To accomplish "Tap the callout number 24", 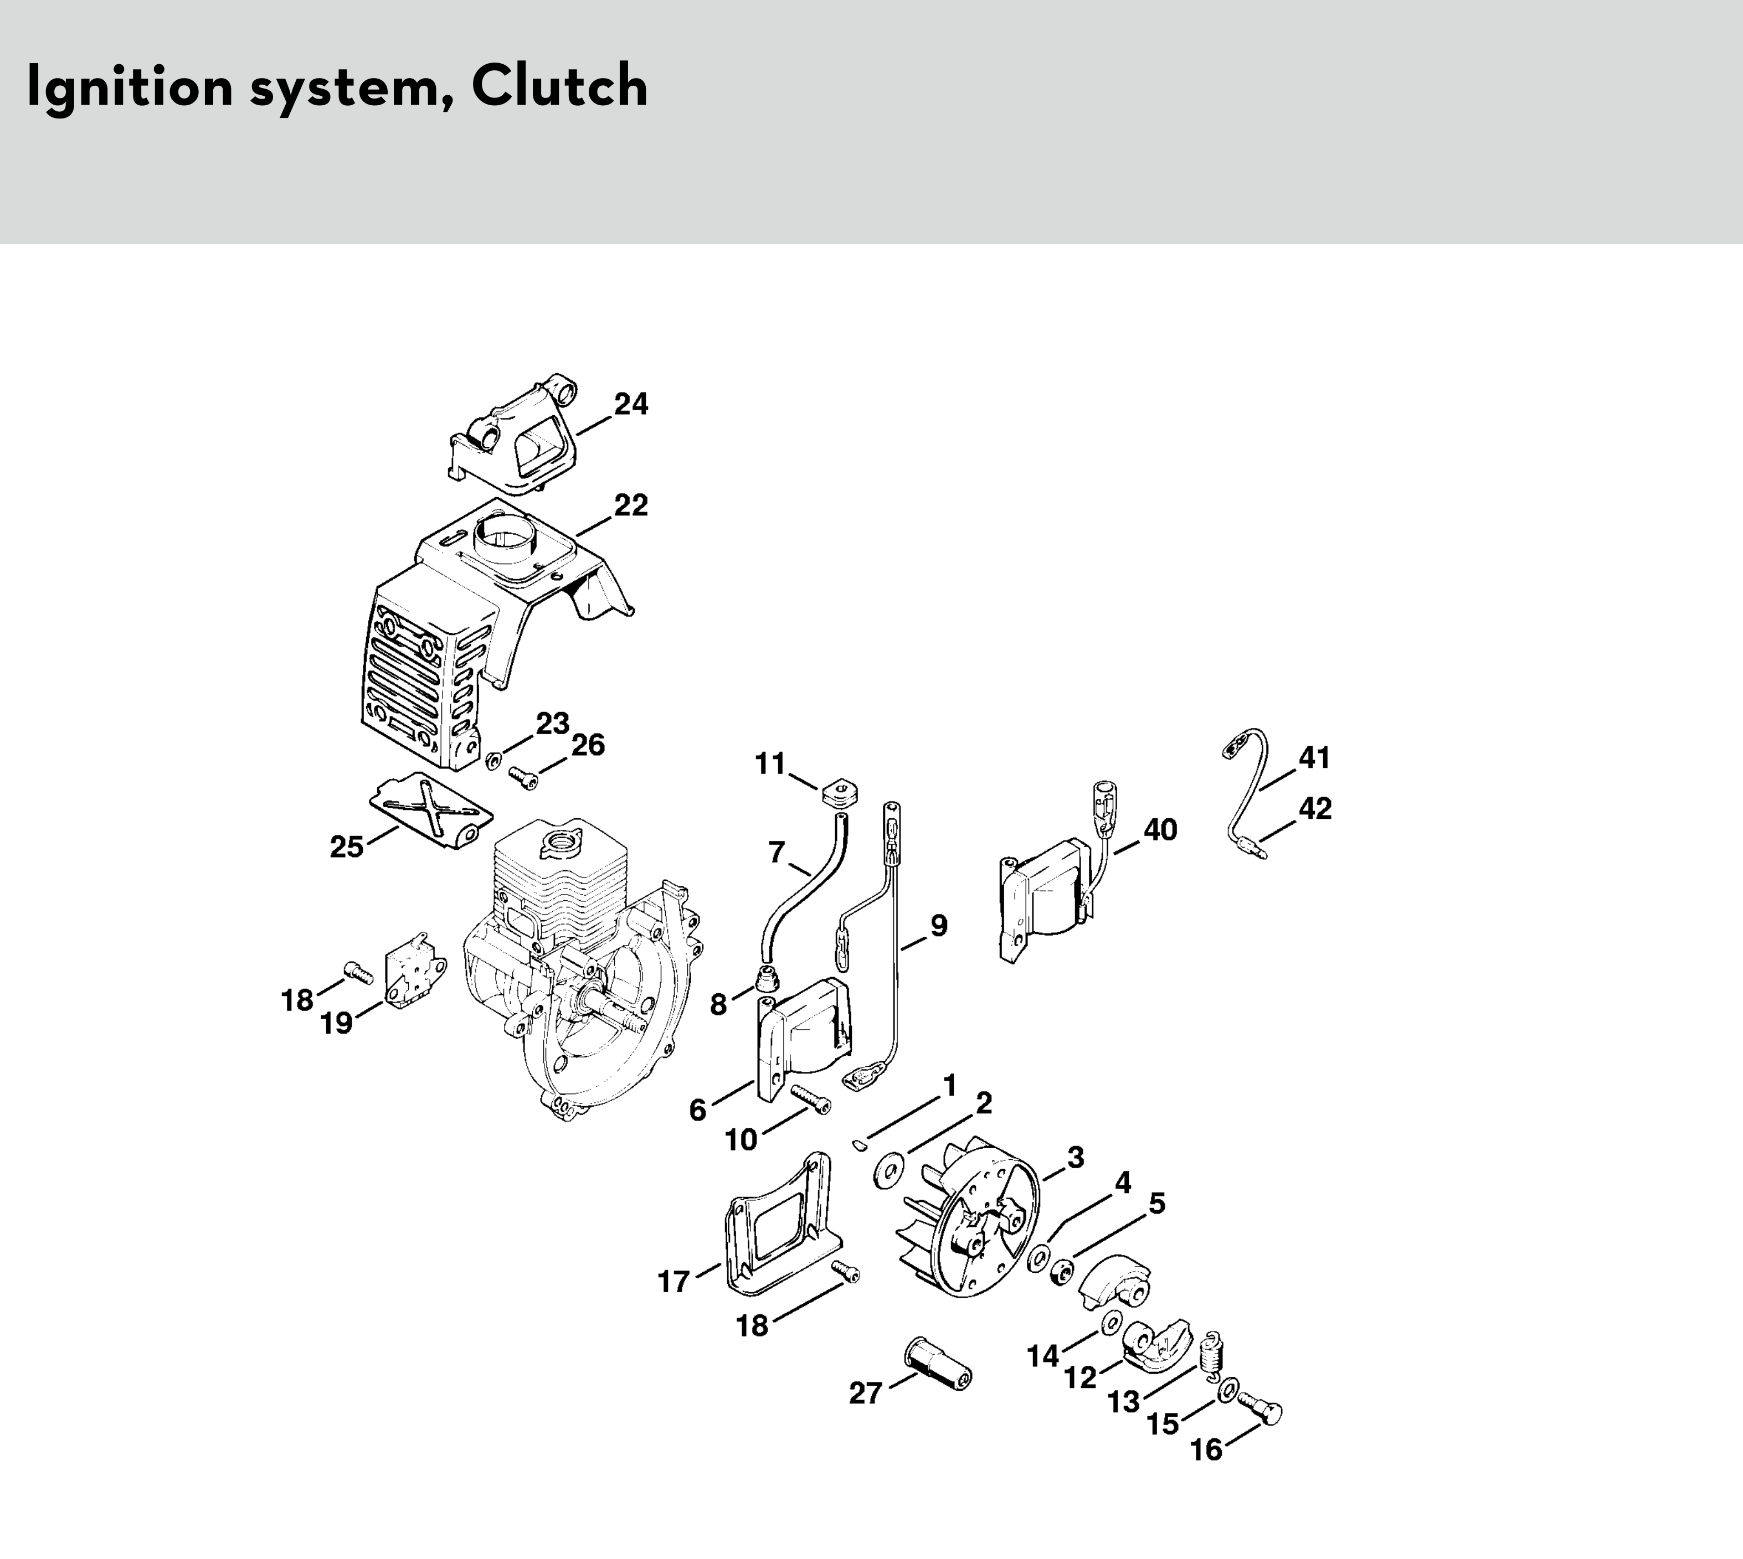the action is coord(631,404).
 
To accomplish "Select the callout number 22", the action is coord(631,505).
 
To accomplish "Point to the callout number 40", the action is coord(1160,829).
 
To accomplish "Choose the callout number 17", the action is coord(673,1282).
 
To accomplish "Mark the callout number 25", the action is coord(347,847).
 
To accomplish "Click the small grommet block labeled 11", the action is coord(841,792).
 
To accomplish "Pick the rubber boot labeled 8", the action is coord(769,975).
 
